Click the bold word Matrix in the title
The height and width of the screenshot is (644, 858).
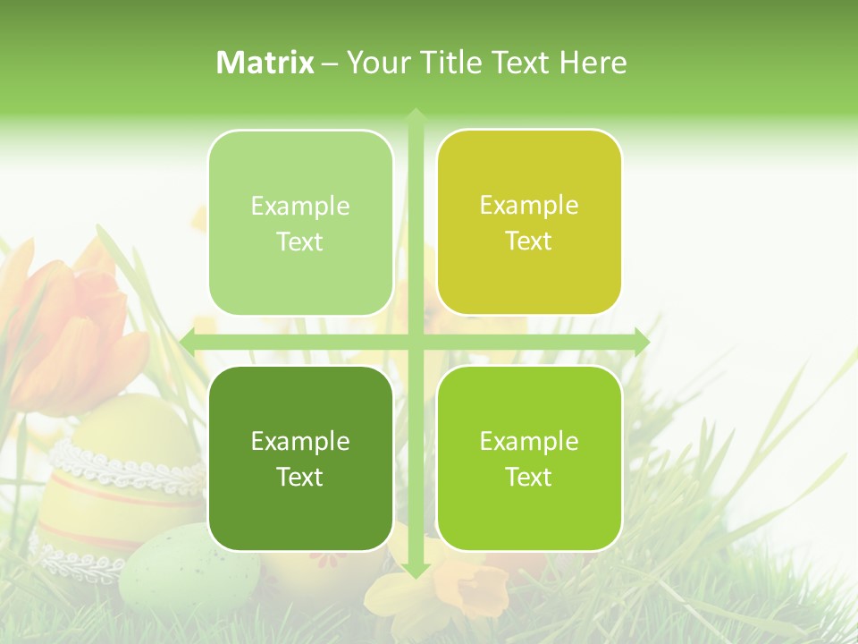pyautogui.click(x=265, y=63)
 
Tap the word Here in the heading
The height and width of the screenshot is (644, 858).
pyautogui.click(x=593, y=63)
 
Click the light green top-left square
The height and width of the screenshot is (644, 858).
pyautogui.click(x=300, y=223)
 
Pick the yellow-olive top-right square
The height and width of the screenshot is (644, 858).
pyautogui.click(x=529, y=222)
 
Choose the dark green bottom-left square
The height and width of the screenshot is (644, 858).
pyautogui.click(x=300, y=458)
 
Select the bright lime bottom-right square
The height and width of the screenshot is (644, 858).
pyautogui.click(x=529, y=458)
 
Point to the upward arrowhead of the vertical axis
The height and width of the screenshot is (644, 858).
pyautogui.click(x=415, y=117)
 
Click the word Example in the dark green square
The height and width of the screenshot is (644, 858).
pyautogui.click(x=300, y=442)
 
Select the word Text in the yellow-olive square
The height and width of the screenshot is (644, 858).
pyautogui.click(x=529, y=241)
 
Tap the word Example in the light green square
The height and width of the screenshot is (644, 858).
pyautogui.click(x=300, y=207)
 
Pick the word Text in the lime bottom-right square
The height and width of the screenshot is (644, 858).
pyautogui.click(x=529, y=477)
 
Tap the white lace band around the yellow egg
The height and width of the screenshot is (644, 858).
pyautogui.click(x=125, y=465)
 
